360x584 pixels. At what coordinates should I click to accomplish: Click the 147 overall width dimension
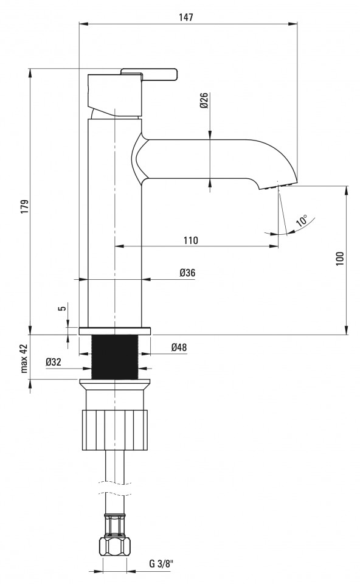186,17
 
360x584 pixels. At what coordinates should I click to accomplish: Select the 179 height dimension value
24,207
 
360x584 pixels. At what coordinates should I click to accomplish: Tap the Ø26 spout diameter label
204,100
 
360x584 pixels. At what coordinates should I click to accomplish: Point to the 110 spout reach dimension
190,240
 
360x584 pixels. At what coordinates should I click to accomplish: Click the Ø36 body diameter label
187,273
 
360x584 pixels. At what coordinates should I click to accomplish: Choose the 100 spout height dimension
340,259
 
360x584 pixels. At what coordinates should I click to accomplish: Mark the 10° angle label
302,220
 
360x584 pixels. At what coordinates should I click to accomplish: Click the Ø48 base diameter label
179,347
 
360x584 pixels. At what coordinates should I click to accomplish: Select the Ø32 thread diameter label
54,361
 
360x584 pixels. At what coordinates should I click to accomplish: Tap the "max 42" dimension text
24,358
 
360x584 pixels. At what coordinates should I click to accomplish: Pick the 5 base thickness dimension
63,308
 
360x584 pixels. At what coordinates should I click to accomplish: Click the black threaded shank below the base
115,357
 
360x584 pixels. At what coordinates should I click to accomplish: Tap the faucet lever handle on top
149,74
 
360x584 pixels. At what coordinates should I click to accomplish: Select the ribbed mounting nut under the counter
115,430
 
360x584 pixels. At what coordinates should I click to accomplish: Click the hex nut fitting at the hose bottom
116,546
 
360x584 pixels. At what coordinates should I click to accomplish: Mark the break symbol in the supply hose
115,488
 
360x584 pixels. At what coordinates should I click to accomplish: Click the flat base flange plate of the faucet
115,331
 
